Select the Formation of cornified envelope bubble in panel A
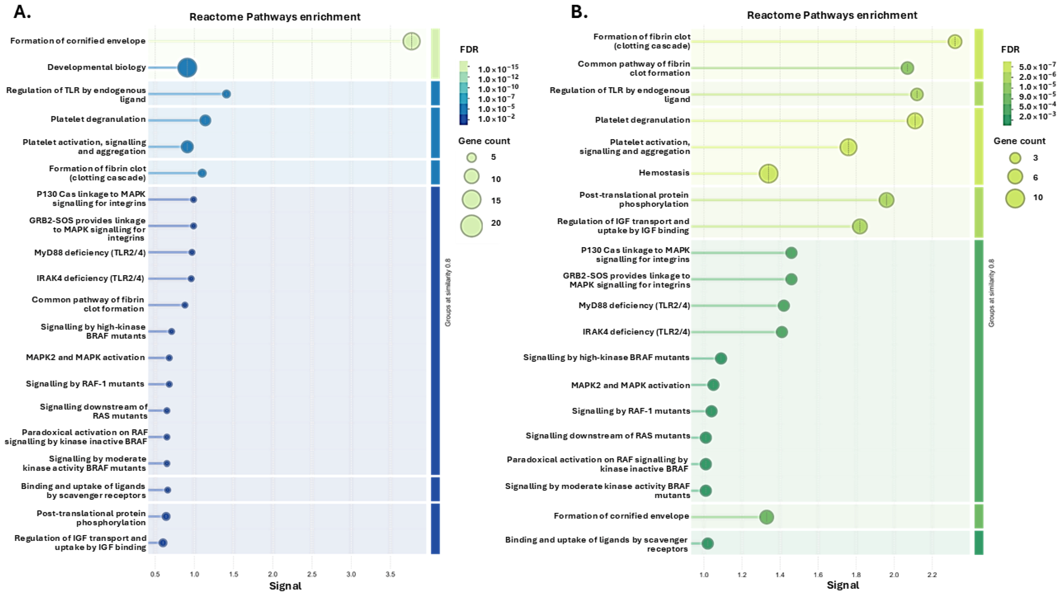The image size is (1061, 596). (x=411, y=41)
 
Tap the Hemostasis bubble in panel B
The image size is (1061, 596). (x=768, y=173)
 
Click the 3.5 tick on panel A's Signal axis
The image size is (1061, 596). (x=390, y=574)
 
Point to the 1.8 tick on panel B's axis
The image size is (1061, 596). (x=856, y=574)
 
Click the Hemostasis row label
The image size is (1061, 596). (x=664, y=173)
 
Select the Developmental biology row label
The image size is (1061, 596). (x=96, y=67)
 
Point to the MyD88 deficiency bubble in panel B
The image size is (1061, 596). (x=783, y=306)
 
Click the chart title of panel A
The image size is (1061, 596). (x=275, y=17)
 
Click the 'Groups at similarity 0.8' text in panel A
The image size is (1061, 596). (x=448, y=292)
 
